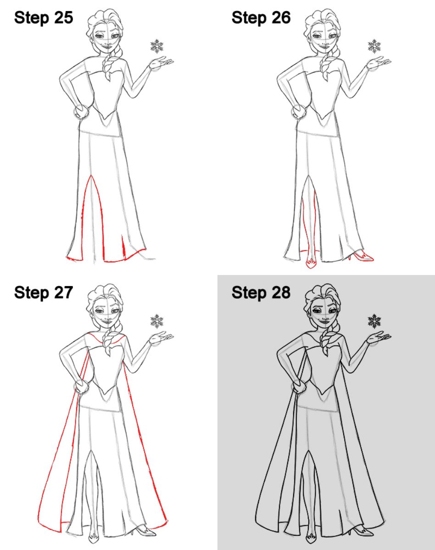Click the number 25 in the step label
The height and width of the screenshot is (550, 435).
point(64,18)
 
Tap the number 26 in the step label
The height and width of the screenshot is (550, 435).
point(281,18)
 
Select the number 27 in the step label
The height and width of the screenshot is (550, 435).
point(64,292)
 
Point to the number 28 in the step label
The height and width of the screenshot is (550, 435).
point(281,292)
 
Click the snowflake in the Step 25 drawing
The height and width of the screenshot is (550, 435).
point(157,46)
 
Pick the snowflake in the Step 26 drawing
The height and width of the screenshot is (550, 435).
point(374,46)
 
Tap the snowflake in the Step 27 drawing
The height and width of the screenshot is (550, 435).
point(157,321)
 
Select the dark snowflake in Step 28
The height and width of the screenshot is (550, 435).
point(374,321)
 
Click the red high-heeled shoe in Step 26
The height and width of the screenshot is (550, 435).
point(361,256)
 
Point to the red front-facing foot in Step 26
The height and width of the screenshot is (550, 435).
point(311,263)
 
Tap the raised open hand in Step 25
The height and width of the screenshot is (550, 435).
point(161,64)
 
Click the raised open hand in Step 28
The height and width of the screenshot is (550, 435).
point(378,339)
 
